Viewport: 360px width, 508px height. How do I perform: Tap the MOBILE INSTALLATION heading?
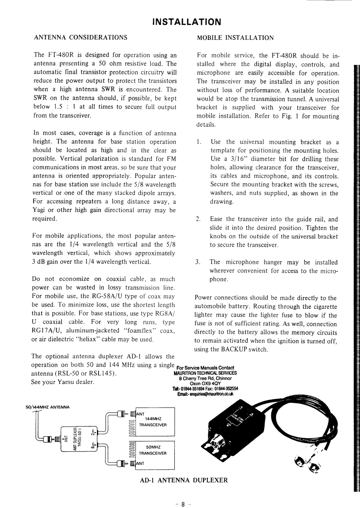[235, 38]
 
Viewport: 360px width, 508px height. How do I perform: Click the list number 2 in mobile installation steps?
[198, 219]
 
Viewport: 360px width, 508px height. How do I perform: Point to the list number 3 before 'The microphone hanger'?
[198, 262]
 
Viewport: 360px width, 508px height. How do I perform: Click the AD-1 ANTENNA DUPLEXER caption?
[183, 479]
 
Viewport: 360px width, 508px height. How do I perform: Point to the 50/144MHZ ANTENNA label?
[48, 407]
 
